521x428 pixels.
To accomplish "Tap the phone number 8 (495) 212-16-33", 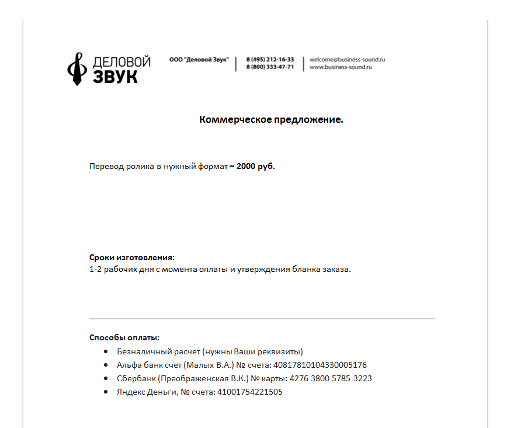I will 270,60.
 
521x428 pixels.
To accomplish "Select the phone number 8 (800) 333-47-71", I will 270,67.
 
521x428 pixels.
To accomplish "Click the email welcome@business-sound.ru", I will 347,60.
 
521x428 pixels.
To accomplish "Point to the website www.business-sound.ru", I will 341,67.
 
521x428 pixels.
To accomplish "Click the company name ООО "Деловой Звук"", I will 199,60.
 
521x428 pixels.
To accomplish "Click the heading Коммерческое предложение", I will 271,120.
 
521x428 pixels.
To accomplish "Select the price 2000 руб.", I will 255,167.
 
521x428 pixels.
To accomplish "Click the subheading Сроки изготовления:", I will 132,258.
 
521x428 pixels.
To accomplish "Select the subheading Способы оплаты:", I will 124,337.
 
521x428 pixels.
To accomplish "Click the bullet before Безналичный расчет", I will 105,351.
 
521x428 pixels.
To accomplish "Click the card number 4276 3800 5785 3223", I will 331,378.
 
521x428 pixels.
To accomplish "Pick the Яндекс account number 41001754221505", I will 249,392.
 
